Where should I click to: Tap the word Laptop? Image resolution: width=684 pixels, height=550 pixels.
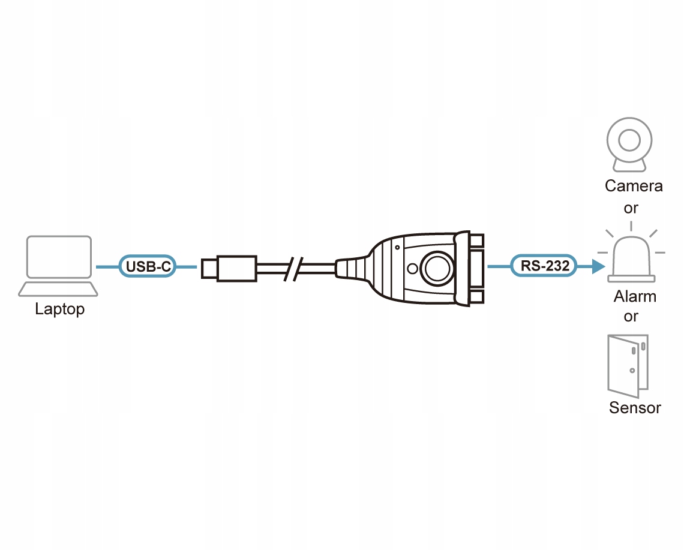[x=59, y=309]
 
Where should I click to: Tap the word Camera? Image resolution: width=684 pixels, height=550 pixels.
[x=634, y=186]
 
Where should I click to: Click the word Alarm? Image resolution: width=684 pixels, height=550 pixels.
[x=635, y=296]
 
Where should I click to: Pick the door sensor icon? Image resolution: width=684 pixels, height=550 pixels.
[x=628, y=362]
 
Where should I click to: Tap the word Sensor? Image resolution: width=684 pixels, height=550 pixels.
[x=635, y=408]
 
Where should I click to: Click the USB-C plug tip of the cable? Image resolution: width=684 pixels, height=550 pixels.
[x=209, y=268]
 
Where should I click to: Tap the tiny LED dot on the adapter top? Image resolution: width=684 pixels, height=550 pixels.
[x=397, y=247]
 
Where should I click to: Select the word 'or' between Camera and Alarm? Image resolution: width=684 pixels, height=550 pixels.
[x=631, y=208]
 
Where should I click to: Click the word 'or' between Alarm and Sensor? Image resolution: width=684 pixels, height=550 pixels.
[x=631, y=316]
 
